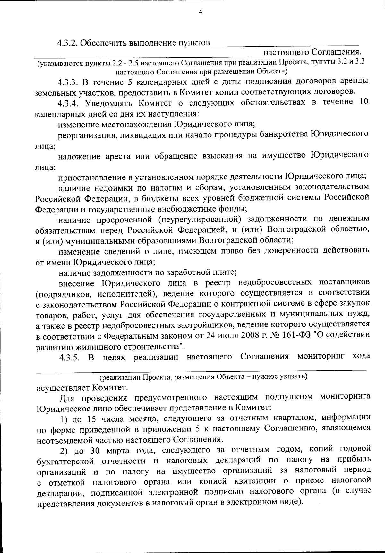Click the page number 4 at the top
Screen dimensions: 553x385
201,12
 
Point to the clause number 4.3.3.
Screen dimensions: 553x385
68,82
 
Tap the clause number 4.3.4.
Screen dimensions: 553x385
68,102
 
